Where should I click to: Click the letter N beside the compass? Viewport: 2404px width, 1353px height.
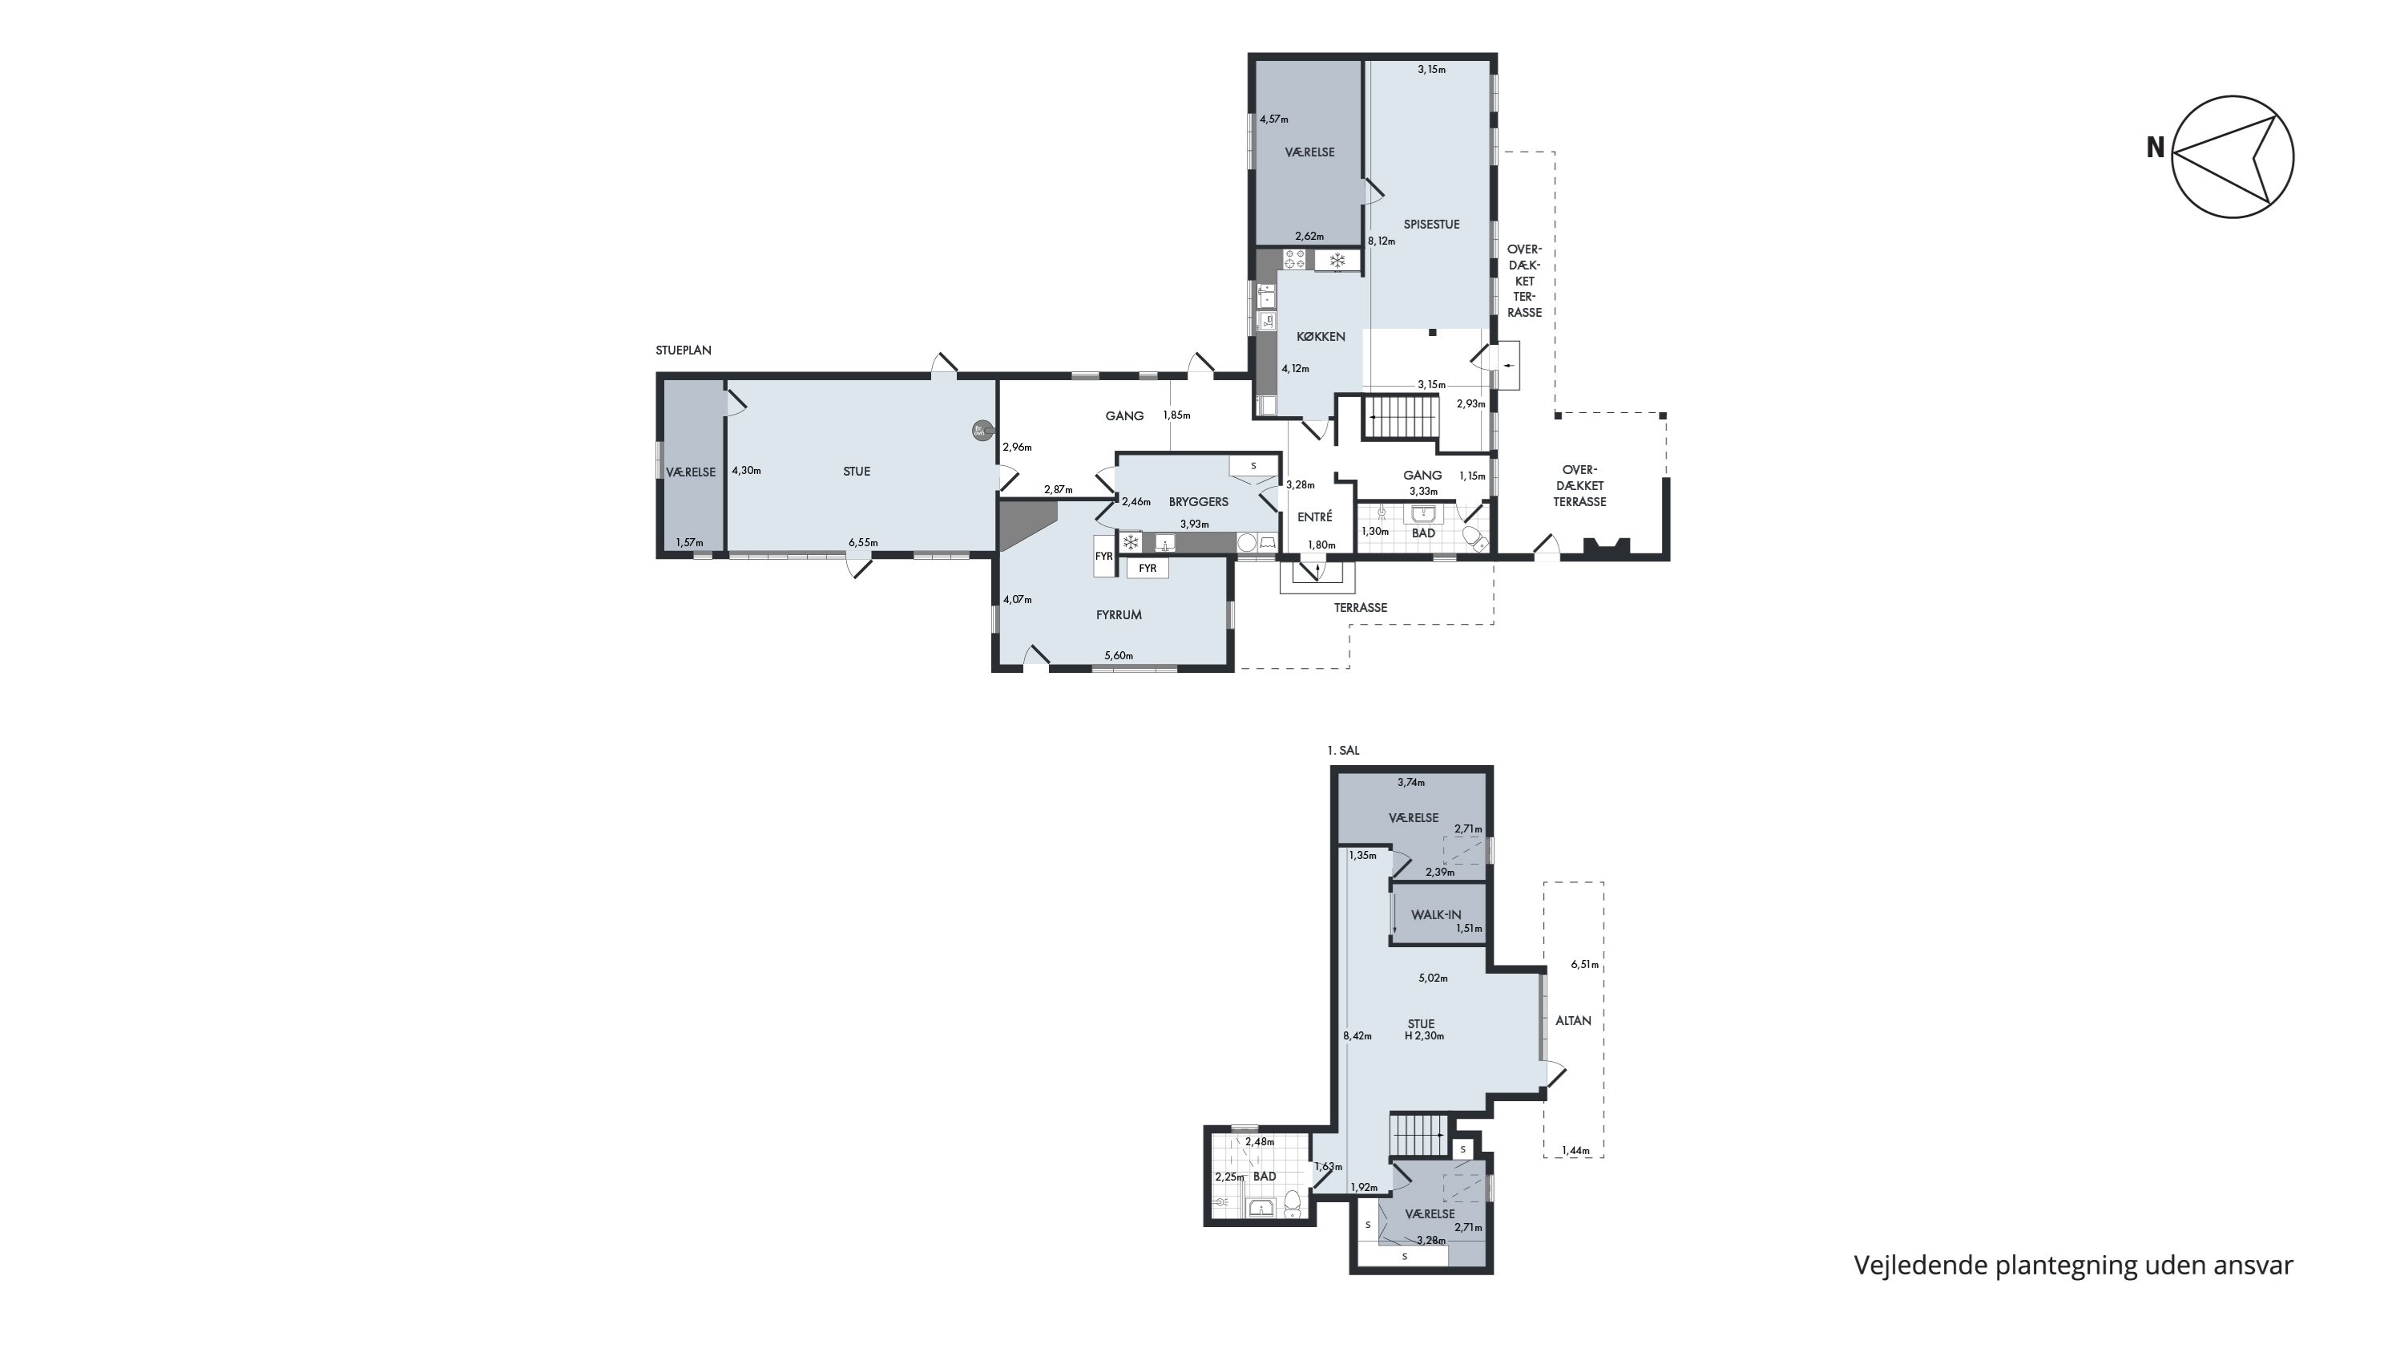tap(2155, 148)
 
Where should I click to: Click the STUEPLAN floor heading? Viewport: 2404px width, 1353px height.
tap(683, 351)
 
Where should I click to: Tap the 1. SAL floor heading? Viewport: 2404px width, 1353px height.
tap(1343, 751)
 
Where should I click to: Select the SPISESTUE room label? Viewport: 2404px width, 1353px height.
tap(1430, 224)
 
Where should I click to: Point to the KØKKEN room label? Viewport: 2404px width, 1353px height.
tap(1321, 336)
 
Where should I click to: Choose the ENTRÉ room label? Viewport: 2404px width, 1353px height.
tap(1315, 516)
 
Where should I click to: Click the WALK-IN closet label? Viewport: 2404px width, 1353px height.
tap(1435, 915)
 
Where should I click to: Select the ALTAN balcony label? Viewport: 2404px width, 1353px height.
tap(1572, 1021)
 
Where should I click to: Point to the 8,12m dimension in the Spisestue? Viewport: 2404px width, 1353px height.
tap(1381, 241)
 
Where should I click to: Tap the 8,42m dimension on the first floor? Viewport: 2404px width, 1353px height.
tap(1357, 1035)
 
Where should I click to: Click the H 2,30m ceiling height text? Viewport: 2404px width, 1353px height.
tap(1424, 1035)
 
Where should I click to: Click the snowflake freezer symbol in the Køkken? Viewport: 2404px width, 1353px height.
tap(1337, 261)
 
